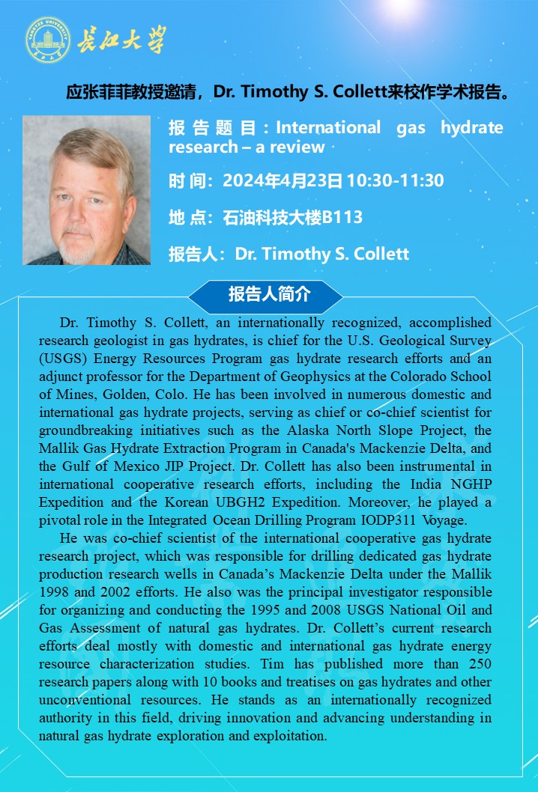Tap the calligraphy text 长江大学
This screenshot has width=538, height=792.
(x=121, y=40)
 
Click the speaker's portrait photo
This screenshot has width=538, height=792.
(x=86, y=190)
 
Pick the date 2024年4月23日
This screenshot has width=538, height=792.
(x=282, y=180)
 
